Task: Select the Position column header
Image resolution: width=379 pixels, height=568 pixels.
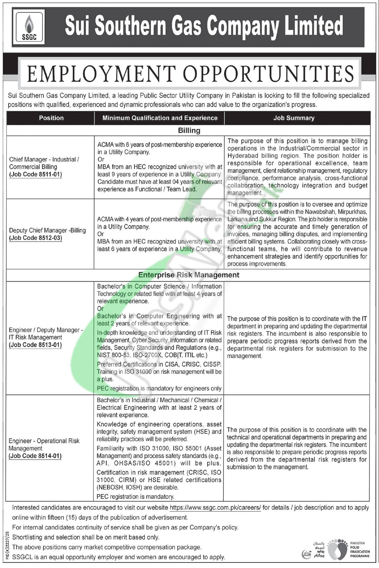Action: pyautogui.click(x=51, y=118)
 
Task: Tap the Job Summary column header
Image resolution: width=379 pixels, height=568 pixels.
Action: pyautogui.click(x=294, y=118)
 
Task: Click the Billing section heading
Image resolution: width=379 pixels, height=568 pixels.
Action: pyautogui.click(x=189, y=130)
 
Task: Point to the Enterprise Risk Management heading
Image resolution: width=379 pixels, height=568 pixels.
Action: pyautogui.click(x=189, y=275)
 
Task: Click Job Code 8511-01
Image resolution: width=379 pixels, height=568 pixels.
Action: pyautogui.click(x=36, y=174)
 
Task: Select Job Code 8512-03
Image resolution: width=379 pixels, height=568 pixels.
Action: pyautogui.click(x=36, y=238)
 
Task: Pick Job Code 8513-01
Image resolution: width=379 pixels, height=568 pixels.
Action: pyautogui.click(x=35, y=345)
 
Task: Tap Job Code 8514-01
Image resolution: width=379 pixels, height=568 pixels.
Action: pyautogui.click(x=35, y=456)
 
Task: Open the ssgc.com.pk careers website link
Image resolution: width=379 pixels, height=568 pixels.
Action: pyautogui.click(x=215, y=508)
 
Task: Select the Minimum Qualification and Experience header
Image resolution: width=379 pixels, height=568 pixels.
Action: pyautogui.click(x=160, y=118)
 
